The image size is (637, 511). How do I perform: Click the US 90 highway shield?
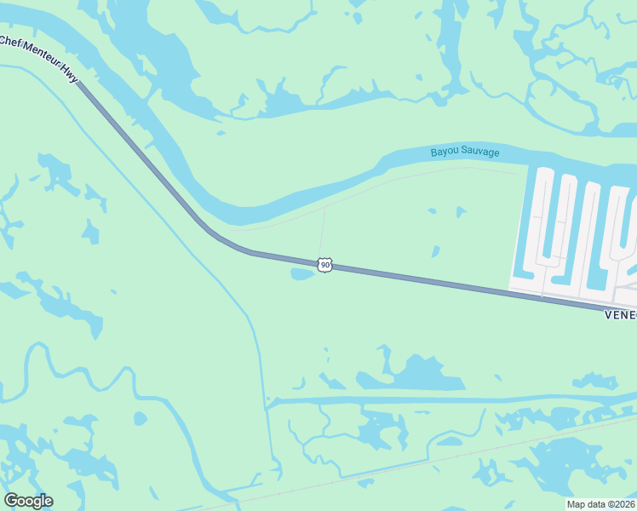tap(324, 265)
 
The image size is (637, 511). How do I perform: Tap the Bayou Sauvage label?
tap(464, 152)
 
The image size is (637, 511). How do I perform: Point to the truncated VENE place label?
tap(620, 314)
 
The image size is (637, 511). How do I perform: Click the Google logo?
tap(28, 501)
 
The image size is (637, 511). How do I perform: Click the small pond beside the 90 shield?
tap(302, 274)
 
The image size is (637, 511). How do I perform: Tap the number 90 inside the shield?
tap(324, 266)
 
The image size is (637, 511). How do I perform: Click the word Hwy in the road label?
tap(70, 76)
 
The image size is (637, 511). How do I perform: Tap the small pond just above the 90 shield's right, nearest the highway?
tap(435, 251)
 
